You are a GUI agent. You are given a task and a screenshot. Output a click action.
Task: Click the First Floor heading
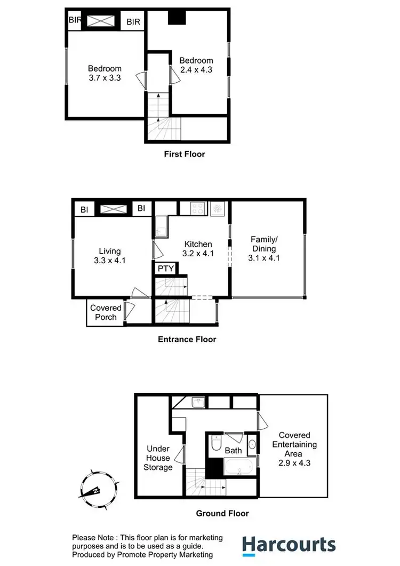point(184,154)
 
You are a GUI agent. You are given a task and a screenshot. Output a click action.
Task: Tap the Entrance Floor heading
point(187,339)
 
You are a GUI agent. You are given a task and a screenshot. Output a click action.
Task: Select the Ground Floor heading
point(222,514)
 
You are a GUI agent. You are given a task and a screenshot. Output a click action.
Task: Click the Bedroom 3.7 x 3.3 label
point(105,73)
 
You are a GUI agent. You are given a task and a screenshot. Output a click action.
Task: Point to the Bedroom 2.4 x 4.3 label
point(196,65)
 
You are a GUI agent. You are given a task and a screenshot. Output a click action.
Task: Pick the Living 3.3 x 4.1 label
point(109,256)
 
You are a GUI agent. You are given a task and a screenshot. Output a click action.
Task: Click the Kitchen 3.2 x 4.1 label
point(198,249)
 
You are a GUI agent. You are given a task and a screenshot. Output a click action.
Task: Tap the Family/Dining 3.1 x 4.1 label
point(263,248)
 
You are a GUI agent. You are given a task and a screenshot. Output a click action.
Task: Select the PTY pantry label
point(165,268)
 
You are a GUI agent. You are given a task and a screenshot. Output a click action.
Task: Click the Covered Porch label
point(106,312)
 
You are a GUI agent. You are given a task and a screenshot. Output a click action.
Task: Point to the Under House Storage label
point(158,458)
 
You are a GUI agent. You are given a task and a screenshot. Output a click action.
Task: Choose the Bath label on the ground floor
point(233,451)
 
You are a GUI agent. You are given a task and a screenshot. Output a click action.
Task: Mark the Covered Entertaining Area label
point(294,449)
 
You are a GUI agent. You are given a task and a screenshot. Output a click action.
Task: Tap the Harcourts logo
point(289,545)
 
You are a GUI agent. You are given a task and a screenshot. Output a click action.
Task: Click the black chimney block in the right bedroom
point(175,18)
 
